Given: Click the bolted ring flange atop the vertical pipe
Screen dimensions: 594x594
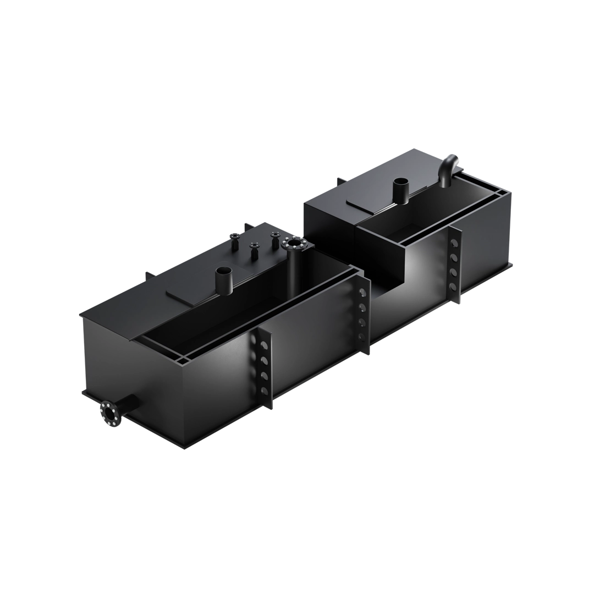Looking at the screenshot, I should (295, 243).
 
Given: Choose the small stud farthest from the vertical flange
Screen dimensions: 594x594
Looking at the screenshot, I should (236, 241).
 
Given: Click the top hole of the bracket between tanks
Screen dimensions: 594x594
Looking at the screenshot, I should (362, 293).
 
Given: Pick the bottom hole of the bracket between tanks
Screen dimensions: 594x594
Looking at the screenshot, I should (362, 336).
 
